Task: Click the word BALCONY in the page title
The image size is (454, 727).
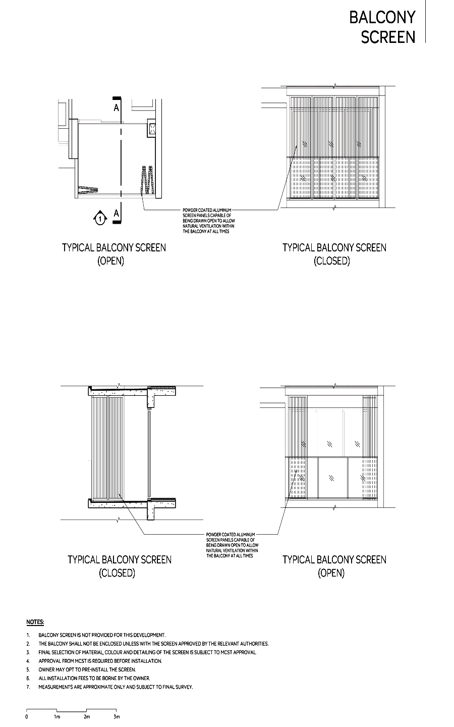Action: click(382, 17)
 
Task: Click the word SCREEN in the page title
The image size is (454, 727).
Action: click(388, 37)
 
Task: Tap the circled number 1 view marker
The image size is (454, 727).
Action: click(100, 219)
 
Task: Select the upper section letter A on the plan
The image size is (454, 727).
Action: click(117, 108)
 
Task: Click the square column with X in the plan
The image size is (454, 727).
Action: click(152, 128)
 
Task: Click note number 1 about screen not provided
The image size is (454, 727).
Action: click(101, 635)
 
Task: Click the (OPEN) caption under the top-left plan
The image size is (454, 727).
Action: click(111, 261)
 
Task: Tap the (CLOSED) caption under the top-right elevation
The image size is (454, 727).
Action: click(331, 261)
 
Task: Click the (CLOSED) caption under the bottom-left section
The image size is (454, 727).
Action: click(117, 573)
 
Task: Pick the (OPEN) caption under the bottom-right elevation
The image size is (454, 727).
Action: click(331, 573)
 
